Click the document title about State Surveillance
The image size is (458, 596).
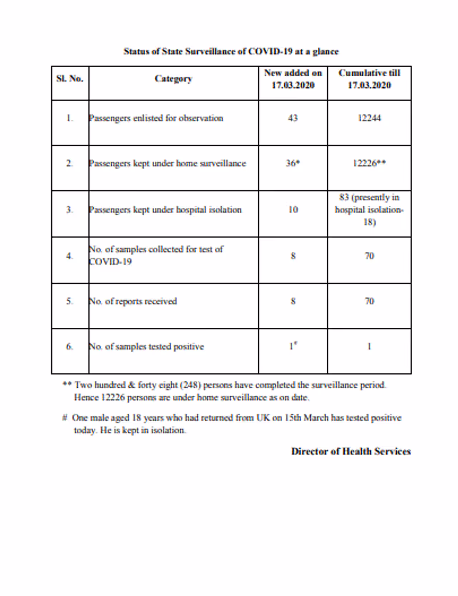pos(231,52)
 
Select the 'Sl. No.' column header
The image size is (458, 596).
pos(70,79)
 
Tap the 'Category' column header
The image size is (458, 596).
pos(174,79)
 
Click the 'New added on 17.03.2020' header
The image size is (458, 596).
pos(293,79)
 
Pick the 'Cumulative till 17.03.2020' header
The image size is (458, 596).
pos(369,79)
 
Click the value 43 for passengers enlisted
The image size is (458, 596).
pos(293,118)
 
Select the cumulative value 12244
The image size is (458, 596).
pos(369,118)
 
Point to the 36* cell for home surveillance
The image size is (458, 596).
pos(293,163)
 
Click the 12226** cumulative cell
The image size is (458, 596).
pos(369,163)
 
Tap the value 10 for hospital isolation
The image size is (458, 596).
pos(293,210)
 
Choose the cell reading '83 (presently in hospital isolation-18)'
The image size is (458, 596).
pos(369,210)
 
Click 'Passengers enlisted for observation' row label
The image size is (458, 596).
pos(156,118)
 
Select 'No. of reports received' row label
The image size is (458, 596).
pos(133,301)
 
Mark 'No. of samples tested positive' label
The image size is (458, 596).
pos(146,346)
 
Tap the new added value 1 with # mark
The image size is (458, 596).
pos(293,346)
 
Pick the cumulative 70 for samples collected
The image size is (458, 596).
pos(369,256)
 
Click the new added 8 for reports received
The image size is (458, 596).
pos(293,301)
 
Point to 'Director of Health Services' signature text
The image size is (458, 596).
pos(351,451)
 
